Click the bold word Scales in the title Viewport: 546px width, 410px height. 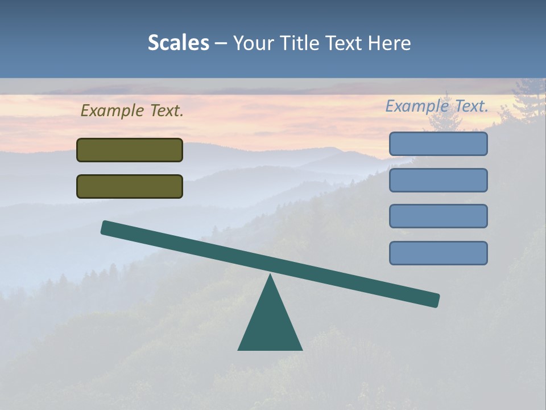pyautogui.click(x=178, y=43)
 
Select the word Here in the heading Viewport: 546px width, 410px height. pyautogui.click(x=389, y=43)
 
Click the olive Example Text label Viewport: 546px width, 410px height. pyautogui.click(x=132, y=111)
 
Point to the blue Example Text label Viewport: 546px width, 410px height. pyautogui.click(x=437, y=106)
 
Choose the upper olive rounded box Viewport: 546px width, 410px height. pyautogui.click(x=130, y=150)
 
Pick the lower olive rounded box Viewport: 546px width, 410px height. pyautogui.click(x=130, y=186)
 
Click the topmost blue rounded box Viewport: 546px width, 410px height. pyautogui.click(x=438, y=143)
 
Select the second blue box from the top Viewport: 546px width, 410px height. pyautogui.click(x=438, y=180)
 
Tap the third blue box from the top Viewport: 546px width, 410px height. pyautogui.click(x=438, y=216)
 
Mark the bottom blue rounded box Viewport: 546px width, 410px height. pyautogui.click(x=438, y=253)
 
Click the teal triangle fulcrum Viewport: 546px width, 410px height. pyautogui.click(x=270, y=325)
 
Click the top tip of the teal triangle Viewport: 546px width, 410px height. pyautogui.click(x=270, y=276)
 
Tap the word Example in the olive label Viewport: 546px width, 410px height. pyautogui.click(x=113, y=111)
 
